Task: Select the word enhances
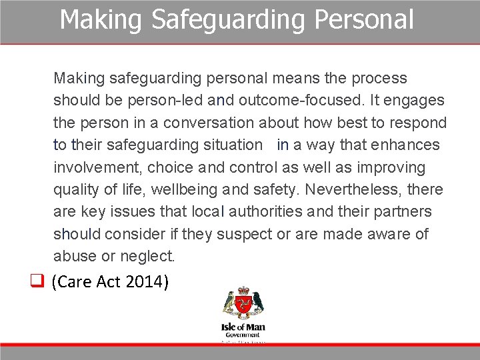pos(407,145)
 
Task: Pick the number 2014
pos(146,282)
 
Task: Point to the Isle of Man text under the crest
pos(243,328)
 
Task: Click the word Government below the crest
pos(243,335)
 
